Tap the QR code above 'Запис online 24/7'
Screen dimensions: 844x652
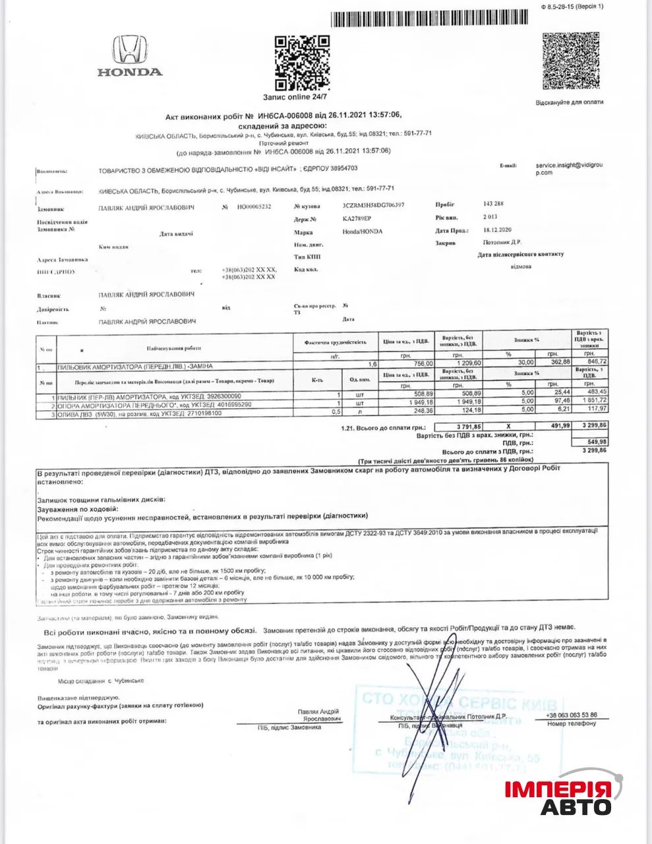point(301,63)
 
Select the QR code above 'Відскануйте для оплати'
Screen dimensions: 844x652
point(572,61)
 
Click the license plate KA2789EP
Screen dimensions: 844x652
point(357,218)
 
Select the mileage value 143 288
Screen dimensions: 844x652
point(493,204)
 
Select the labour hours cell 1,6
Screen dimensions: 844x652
point(372,364)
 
